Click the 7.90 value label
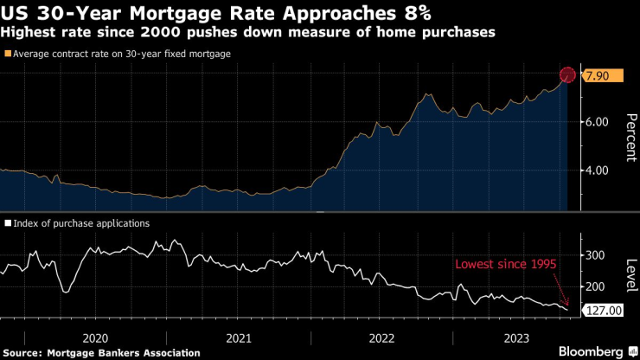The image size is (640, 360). click(x=599, y=77)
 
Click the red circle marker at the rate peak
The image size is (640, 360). click(x=567, y=75)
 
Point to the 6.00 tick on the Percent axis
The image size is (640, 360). click(x=597, y=122)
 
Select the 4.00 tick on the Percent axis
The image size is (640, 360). click(x=597, y=170)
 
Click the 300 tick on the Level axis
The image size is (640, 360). click(x=594, y=255)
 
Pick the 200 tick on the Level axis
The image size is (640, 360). click(x=594, y=286)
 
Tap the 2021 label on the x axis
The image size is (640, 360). click(x=238, y=337)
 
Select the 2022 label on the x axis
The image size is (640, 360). click(x=381, y=337)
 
